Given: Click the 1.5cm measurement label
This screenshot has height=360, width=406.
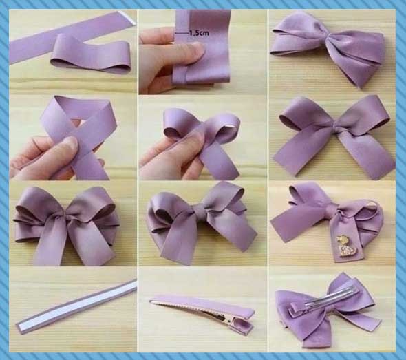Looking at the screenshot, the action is pos(199,33).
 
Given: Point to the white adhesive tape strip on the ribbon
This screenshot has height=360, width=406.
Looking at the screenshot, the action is pos(76,304).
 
